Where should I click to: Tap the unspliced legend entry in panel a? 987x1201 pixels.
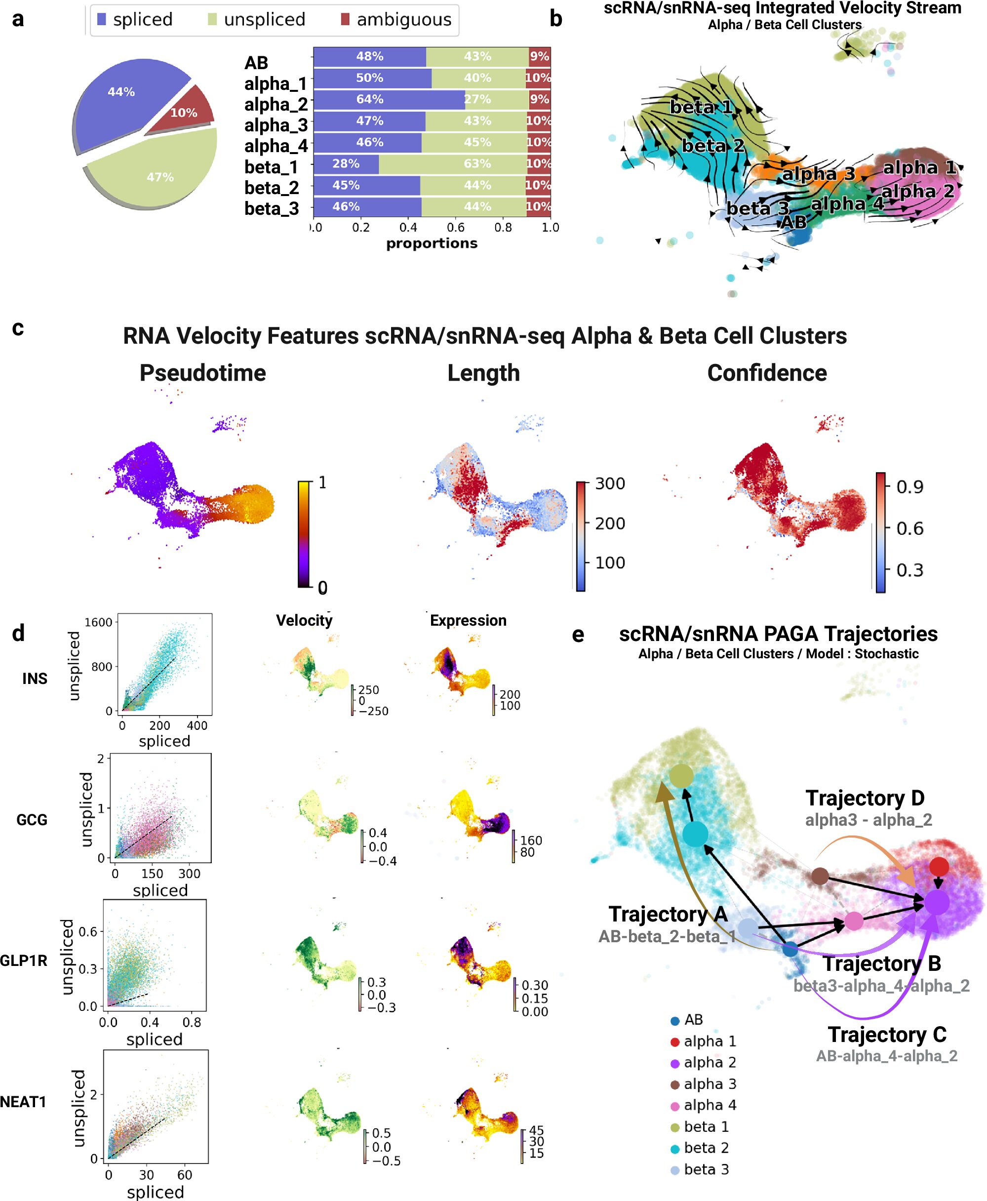(x=256, y=20)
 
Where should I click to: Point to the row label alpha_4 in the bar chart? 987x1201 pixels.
(x=276, y=146)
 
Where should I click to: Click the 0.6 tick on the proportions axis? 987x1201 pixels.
(x=455, y=228)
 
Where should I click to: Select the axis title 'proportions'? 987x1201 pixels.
(x=432, y=243)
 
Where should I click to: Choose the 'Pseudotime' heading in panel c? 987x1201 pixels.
(x=202, y=373)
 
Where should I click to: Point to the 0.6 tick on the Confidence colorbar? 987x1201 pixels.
(x=909, y=529)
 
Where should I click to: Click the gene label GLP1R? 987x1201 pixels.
(x=23, y=961)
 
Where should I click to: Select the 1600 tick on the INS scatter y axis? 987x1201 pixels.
(x=98, y=622)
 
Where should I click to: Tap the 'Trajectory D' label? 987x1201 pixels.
(x=865, y=799)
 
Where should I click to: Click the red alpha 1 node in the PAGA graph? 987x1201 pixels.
(x=939, y=867)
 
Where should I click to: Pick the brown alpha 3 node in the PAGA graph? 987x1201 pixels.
(x=819, y=876)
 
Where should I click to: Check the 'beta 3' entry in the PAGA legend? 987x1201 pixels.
(x=706, y=1169)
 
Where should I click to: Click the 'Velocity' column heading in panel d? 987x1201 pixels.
(x=304, y=620)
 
